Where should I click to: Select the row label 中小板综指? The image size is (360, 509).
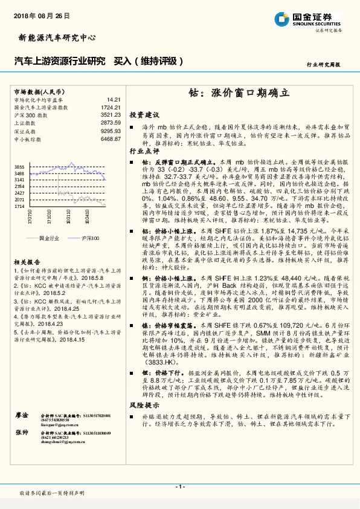click(26, 138)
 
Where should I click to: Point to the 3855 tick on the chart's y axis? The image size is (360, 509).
click(19, 166)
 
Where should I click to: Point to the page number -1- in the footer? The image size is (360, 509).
click(179, 487)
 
